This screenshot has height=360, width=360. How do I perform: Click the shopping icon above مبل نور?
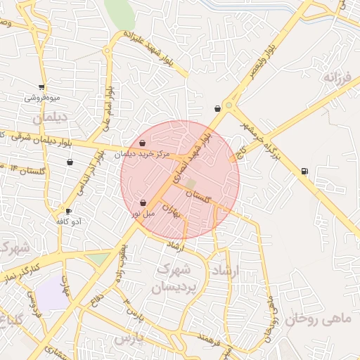tap(143, 202)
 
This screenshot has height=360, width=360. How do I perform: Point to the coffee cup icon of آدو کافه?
tap(68, 211)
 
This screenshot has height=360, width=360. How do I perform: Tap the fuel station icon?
tap(303, 170)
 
